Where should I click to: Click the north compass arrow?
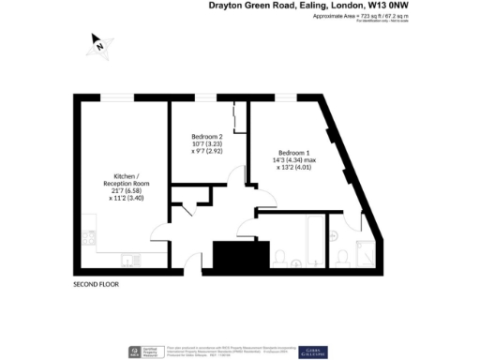point(98,42)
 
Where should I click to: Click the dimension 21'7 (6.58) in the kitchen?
point(126,190)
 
